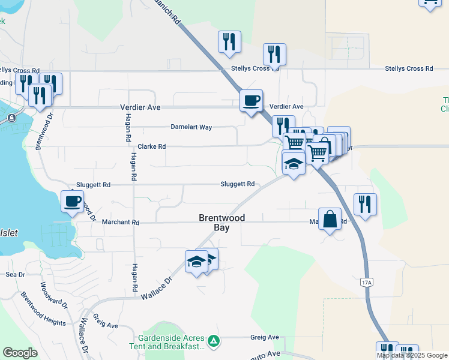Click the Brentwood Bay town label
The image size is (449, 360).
click(x=221, y=223)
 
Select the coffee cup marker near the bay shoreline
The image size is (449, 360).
click(x=73, y=201)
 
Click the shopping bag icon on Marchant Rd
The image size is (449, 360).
click(x=330, y=218)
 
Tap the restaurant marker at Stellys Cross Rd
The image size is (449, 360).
click(x=274, y=54)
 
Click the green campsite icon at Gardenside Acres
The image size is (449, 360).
click(x=213, y=342)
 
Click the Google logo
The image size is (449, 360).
click(x=20, y=353)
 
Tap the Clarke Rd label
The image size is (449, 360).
click(x=151, y=146)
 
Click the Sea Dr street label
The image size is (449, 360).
click(x=14, y=274)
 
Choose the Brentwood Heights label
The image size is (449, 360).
click(x=43, y=309)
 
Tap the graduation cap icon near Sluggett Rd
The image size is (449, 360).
click(x=294, y=163)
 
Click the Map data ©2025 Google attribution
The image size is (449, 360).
click(x=412, y=355)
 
